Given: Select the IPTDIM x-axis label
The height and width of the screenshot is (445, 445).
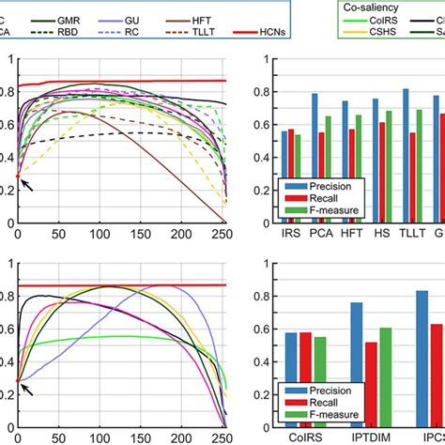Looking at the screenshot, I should click(x=363, y=436).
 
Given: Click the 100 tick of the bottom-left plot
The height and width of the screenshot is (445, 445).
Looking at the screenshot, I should click(x=103, y=437).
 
